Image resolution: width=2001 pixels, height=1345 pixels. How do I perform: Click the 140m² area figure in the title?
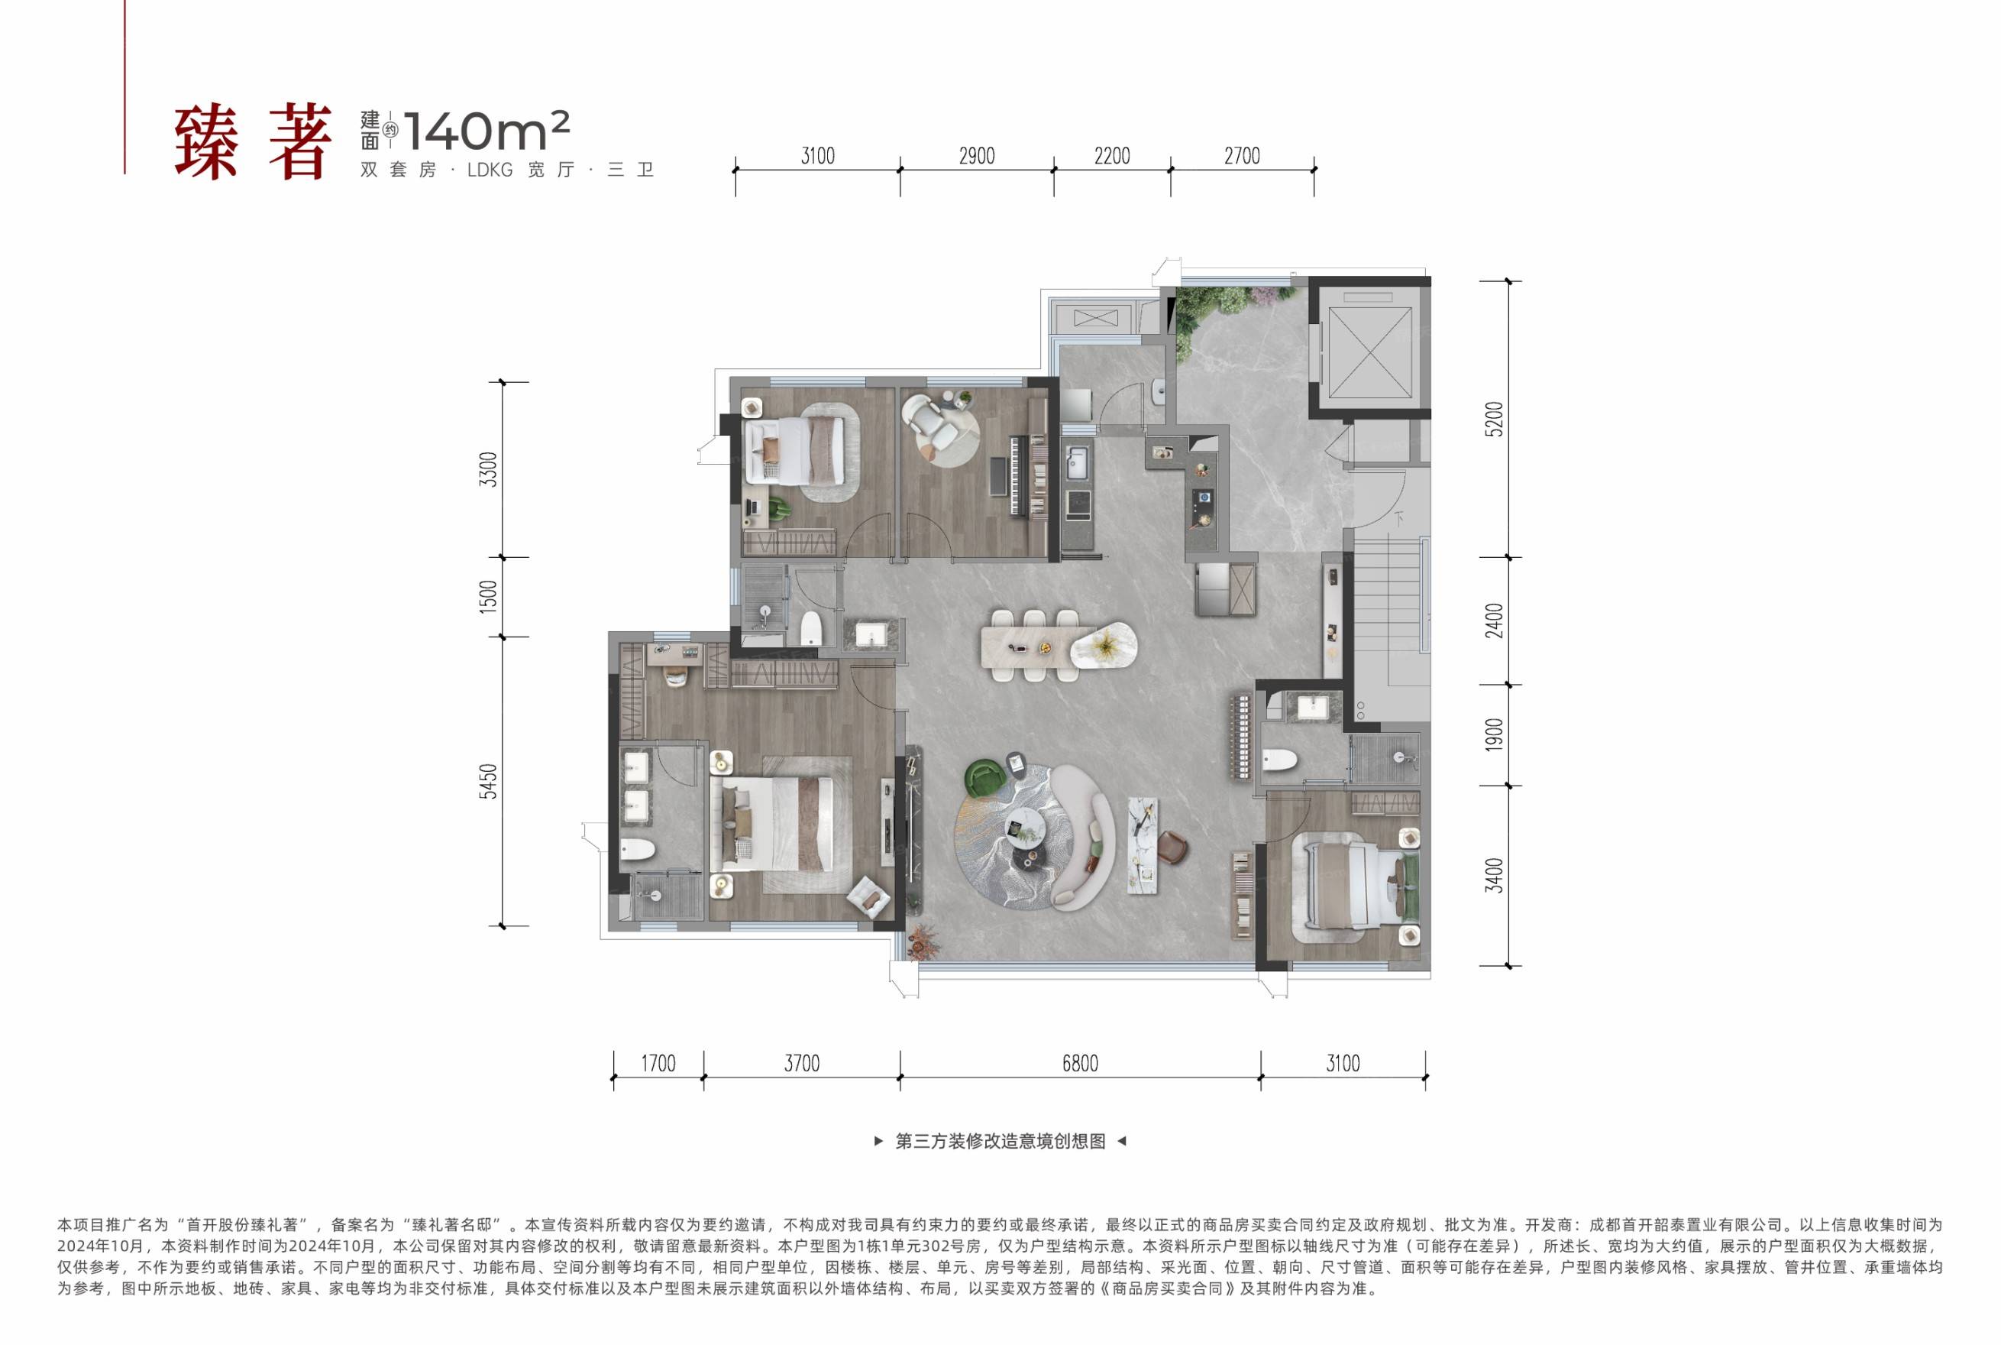(x=487, y=131)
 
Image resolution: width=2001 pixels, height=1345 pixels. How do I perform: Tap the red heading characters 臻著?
(x=254, y=142)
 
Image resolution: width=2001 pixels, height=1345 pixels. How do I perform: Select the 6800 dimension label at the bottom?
(x=1079, y=1064)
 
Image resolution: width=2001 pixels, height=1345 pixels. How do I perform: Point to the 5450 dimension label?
(x=488, y=782)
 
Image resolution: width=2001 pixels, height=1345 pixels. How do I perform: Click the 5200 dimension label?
(x=1495, y=419)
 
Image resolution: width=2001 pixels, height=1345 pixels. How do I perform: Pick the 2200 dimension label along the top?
(x=1112, y=156)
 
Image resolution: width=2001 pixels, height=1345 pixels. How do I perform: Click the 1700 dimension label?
(x=658, y=1064)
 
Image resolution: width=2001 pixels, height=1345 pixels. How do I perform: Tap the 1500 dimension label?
(x=488, y=596)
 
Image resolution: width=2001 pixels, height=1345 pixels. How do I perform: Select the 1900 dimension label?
(x=1495, y=735)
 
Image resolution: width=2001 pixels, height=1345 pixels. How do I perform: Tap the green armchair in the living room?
(x=984, y=778)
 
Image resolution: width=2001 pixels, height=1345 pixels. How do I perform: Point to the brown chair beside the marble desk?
(x=1172, y=848)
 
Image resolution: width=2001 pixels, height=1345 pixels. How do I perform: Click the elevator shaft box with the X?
(x=1370, y=352)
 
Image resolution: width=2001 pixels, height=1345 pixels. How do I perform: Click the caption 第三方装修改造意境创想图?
(x=1000, y=1142)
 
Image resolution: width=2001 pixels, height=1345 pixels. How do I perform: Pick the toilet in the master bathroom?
(x=637, y=849)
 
